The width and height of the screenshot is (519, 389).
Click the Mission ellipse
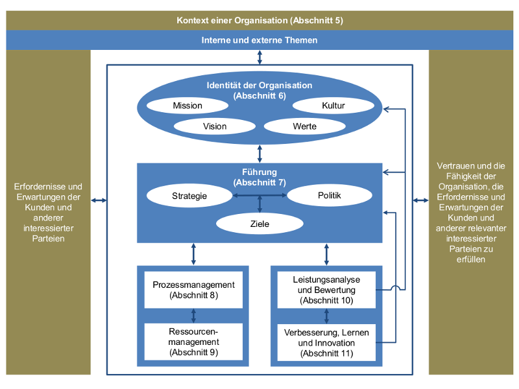[x=187, y=106]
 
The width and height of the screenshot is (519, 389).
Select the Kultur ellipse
[x=333, y=106]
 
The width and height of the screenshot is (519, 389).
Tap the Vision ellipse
[x=215, y=126]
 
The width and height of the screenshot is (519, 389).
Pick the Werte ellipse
[x=305, y=126]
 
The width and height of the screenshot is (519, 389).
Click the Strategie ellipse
[x=189, y=195]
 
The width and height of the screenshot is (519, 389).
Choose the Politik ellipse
[x=329, y=195]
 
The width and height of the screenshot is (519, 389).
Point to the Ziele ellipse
[x=259, y=224]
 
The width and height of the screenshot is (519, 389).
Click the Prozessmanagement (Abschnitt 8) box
[x=194, y=290]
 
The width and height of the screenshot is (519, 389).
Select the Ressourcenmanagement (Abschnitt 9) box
[x=194, y=342]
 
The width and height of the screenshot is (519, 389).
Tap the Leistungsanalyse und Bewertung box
[x=326, y=289]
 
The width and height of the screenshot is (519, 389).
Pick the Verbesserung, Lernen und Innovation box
[x=326, y=342]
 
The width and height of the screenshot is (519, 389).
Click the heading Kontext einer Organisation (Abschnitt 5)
[x=259, y=20]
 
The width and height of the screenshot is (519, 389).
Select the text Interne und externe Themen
[x=259, y=40]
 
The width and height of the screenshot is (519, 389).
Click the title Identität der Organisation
[x=259, y=85]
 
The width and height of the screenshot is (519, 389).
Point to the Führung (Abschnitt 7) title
[x=259, y=177]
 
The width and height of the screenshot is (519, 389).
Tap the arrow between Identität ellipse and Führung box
[x=259, y=154]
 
